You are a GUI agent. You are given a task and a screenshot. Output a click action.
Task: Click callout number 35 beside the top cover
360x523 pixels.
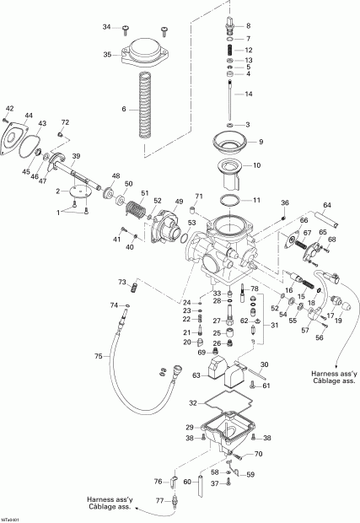click(x=108, y=55)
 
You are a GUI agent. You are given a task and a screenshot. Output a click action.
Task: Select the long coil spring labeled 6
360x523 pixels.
click(x=144, y=105)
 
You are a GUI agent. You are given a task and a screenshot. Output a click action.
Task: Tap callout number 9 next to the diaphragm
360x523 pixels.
click(x=261, y=142)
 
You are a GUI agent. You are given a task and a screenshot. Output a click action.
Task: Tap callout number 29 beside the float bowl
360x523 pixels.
click(x=190, y=428)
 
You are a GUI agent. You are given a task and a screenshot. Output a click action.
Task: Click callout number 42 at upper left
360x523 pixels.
click(x=10, y=109)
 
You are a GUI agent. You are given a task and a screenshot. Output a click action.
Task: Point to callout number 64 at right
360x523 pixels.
click(x=329, y=204)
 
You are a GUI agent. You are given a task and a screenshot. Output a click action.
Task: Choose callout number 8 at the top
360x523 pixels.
click(x=248, y=26)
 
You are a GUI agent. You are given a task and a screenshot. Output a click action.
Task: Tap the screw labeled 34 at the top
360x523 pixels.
click(x=124, y=29)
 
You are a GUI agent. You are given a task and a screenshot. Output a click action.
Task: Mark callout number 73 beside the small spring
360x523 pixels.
click(x=122, y=282)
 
